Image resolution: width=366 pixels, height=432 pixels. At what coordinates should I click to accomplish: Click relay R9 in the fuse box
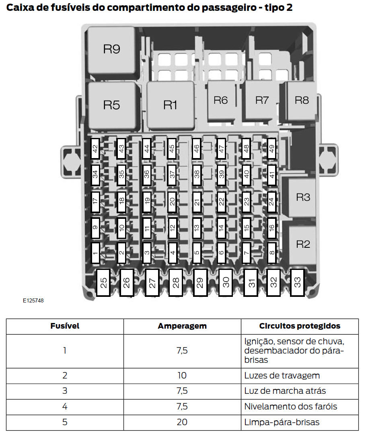coord(111,49)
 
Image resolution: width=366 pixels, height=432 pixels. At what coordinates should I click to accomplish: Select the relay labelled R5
coord(111,105)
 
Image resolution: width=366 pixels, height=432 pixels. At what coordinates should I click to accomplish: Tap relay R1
coord(170,105)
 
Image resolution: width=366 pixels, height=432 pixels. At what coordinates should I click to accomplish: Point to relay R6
coord(220,100)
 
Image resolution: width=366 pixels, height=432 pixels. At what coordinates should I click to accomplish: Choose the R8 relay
coord(302,100)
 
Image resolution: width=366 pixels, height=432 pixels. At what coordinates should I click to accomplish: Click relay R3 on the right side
coord(303,197)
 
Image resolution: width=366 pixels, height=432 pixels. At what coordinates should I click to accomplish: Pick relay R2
coord(303,244)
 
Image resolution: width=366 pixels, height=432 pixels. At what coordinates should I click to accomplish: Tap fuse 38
coord(197,175)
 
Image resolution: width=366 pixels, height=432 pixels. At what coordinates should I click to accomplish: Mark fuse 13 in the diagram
coord(197,227)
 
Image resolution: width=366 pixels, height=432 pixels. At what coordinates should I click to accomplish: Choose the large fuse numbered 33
coord(297,282)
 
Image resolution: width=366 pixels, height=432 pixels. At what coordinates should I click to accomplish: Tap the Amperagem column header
coord(182,326)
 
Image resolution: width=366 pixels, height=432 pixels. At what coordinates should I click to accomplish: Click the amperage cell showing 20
coord(182,422)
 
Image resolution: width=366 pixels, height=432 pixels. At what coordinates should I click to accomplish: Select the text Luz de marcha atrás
coord(285,391)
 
